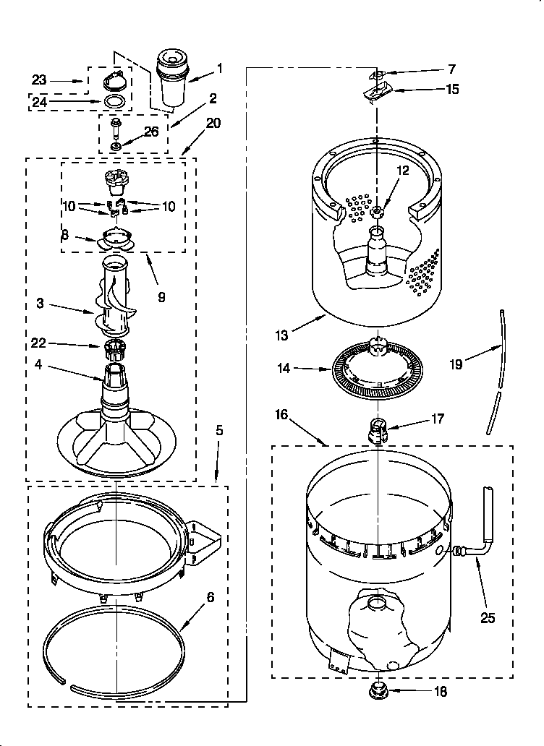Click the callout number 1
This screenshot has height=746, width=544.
[219, 69]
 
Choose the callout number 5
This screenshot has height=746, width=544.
[219, 431]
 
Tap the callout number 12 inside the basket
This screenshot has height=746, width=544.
[403, 171]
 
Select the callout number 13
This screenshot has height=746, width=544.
[281, 335]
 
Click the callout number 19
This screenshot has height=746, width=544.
[456, 365]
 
